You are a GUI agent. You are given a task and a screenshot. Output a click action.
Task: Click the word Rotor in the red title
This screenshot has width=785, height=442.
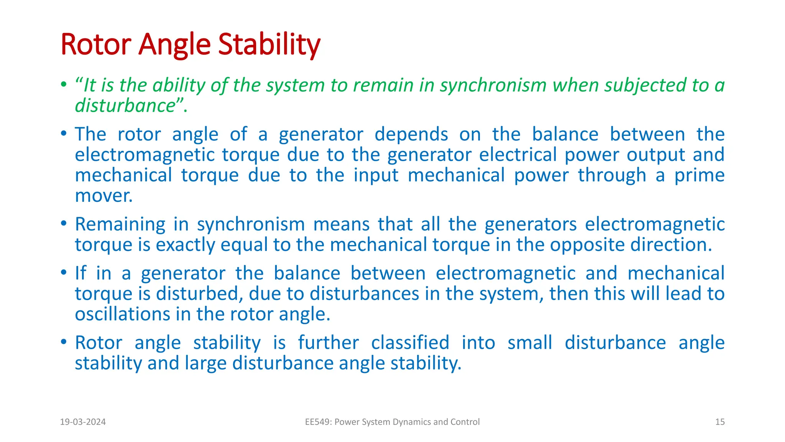96,45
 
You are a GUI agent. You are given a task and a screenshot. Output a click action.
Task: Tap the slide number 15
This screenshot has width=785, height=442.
719,422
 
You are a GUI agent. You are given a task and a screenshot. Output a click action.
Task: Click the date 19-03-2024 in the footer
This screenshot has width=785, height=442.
83,422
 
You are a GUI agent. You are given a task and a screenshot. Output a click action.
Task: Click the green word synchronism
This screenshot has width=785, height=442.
493,85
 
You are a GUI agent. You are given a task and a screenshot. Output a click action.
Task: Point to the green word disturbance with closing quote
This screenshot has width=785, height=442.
129,106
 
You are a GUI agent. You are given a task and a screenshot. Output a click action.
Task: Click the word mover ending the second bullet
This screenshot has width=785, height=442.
103,196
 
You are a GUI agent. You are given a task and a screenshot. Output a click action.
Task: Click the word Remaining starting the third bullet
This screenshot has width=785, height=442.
120,224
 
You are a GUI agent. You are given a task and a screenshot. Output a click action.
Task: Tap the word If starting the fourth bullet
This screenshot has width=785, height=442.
80,273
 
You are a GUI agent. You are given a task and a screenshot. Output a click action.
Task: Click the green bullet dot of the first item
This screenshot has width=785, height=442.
64,84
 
